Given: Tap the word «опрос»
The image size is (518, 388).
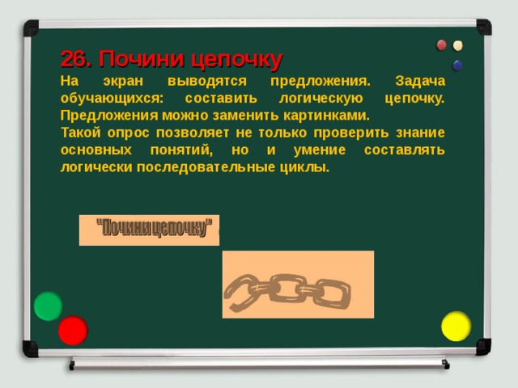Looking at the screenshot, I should click(134, 133).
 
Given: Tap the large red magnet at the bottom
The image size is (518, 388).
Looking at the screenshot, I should click(73, 330).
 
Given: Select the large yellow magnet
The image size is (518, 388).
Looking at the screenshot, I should click(456, 326).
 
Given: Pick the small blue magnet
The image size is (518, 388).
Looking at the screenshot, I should click(458, 65).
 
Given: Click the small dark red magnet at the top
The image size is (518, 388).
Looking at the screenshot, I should click(442, 44).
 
